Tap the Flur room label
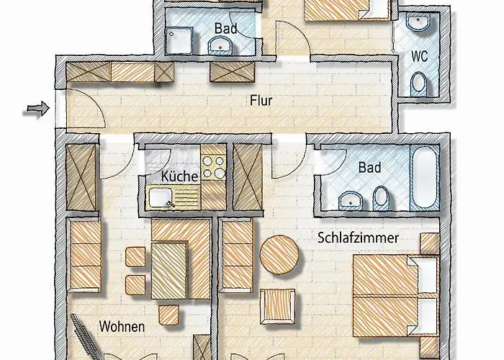pyautogui.click(x=261, y=101)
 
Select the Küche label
pyautogui.click(x=176, y=175)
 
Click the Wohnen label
pyautogui.click(x=122, y=326)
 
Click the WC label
pyautogui.click(x=420, y=55)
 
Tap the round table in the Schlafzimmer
pyautogui.click(x=279, y=255)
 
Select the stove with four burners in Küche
pyautogui.click(x=213, y=168)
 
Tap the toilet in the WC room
pyautogui.click(x=418, y=85)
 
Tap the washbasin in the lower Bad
pyautogui.click(x=351, y=199)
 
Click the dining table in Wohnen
pyautogui.click(x=169, y=269)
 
